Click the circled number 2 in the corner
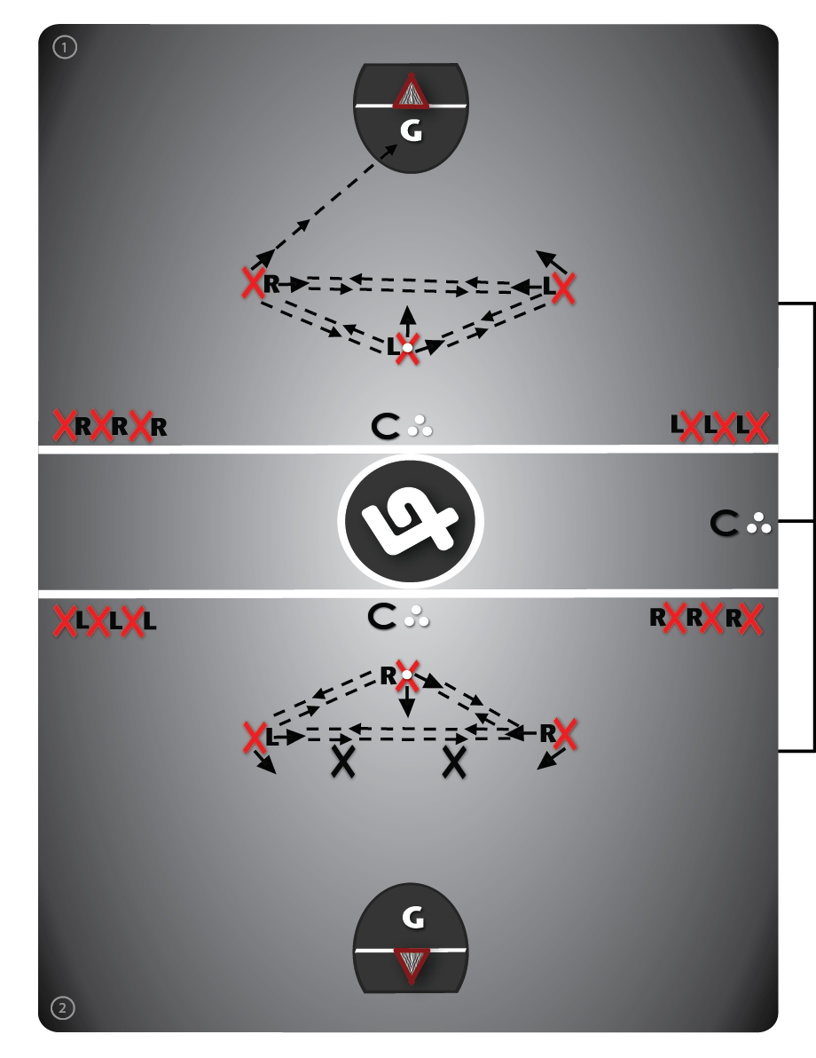coord(62,1007)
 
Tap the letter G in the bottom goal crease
coord(412,919)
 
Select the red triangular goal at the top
coord(411,92)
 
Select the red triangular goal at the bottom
coord(411,964)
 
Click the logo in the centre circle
coord(411,520)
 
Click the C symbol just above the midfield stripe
coord(384,427)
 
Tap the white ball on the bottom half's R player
coord(406,675)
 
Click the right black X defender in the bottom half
coord(455,762)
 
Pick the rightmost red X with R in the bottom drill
coord(567,734)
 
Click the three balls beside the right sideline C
coord(758,525)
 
